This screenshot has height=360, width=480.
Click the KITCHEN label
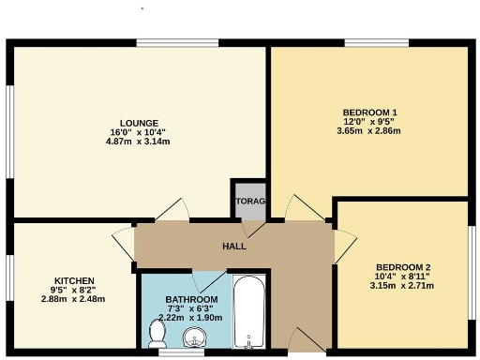coord(74,280)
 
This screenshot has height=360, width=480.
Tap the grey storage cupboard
coord(250,202)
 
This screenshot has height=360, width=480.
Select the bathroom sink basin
coord(195,337)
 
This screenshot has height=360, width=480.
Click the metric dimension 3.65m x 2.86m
coord(368,131)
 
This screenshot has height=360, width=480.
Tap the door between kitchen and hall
coord(125,243)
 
